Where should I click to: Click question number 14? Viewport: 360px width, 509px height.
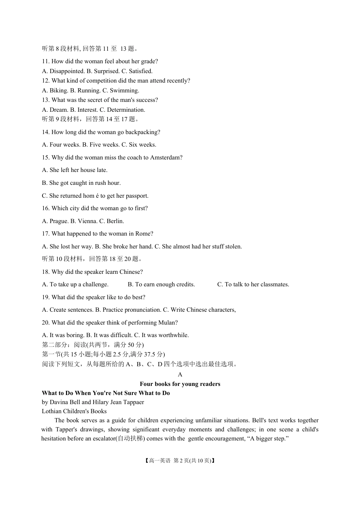click(46, 132)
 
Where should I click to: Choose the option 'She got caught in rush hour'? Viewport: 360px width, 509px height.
click(81, 183)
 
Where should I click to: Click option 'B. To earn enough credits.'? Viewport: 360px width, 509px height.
click(161, 284)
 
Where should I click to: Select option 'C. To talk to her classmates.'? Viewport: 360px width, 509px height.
click(253, 284)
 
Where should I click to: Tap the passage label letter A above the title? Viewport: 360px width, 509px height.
click(180, 375)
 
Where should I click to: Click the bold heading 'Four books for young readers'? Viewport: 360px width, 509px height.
click(180, 384)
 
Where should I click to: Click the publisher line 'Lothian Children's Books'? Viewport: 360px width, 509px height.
click(74, 411)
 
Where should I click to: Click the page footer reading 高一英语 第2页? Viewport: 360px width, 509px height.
click(180, 461)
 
